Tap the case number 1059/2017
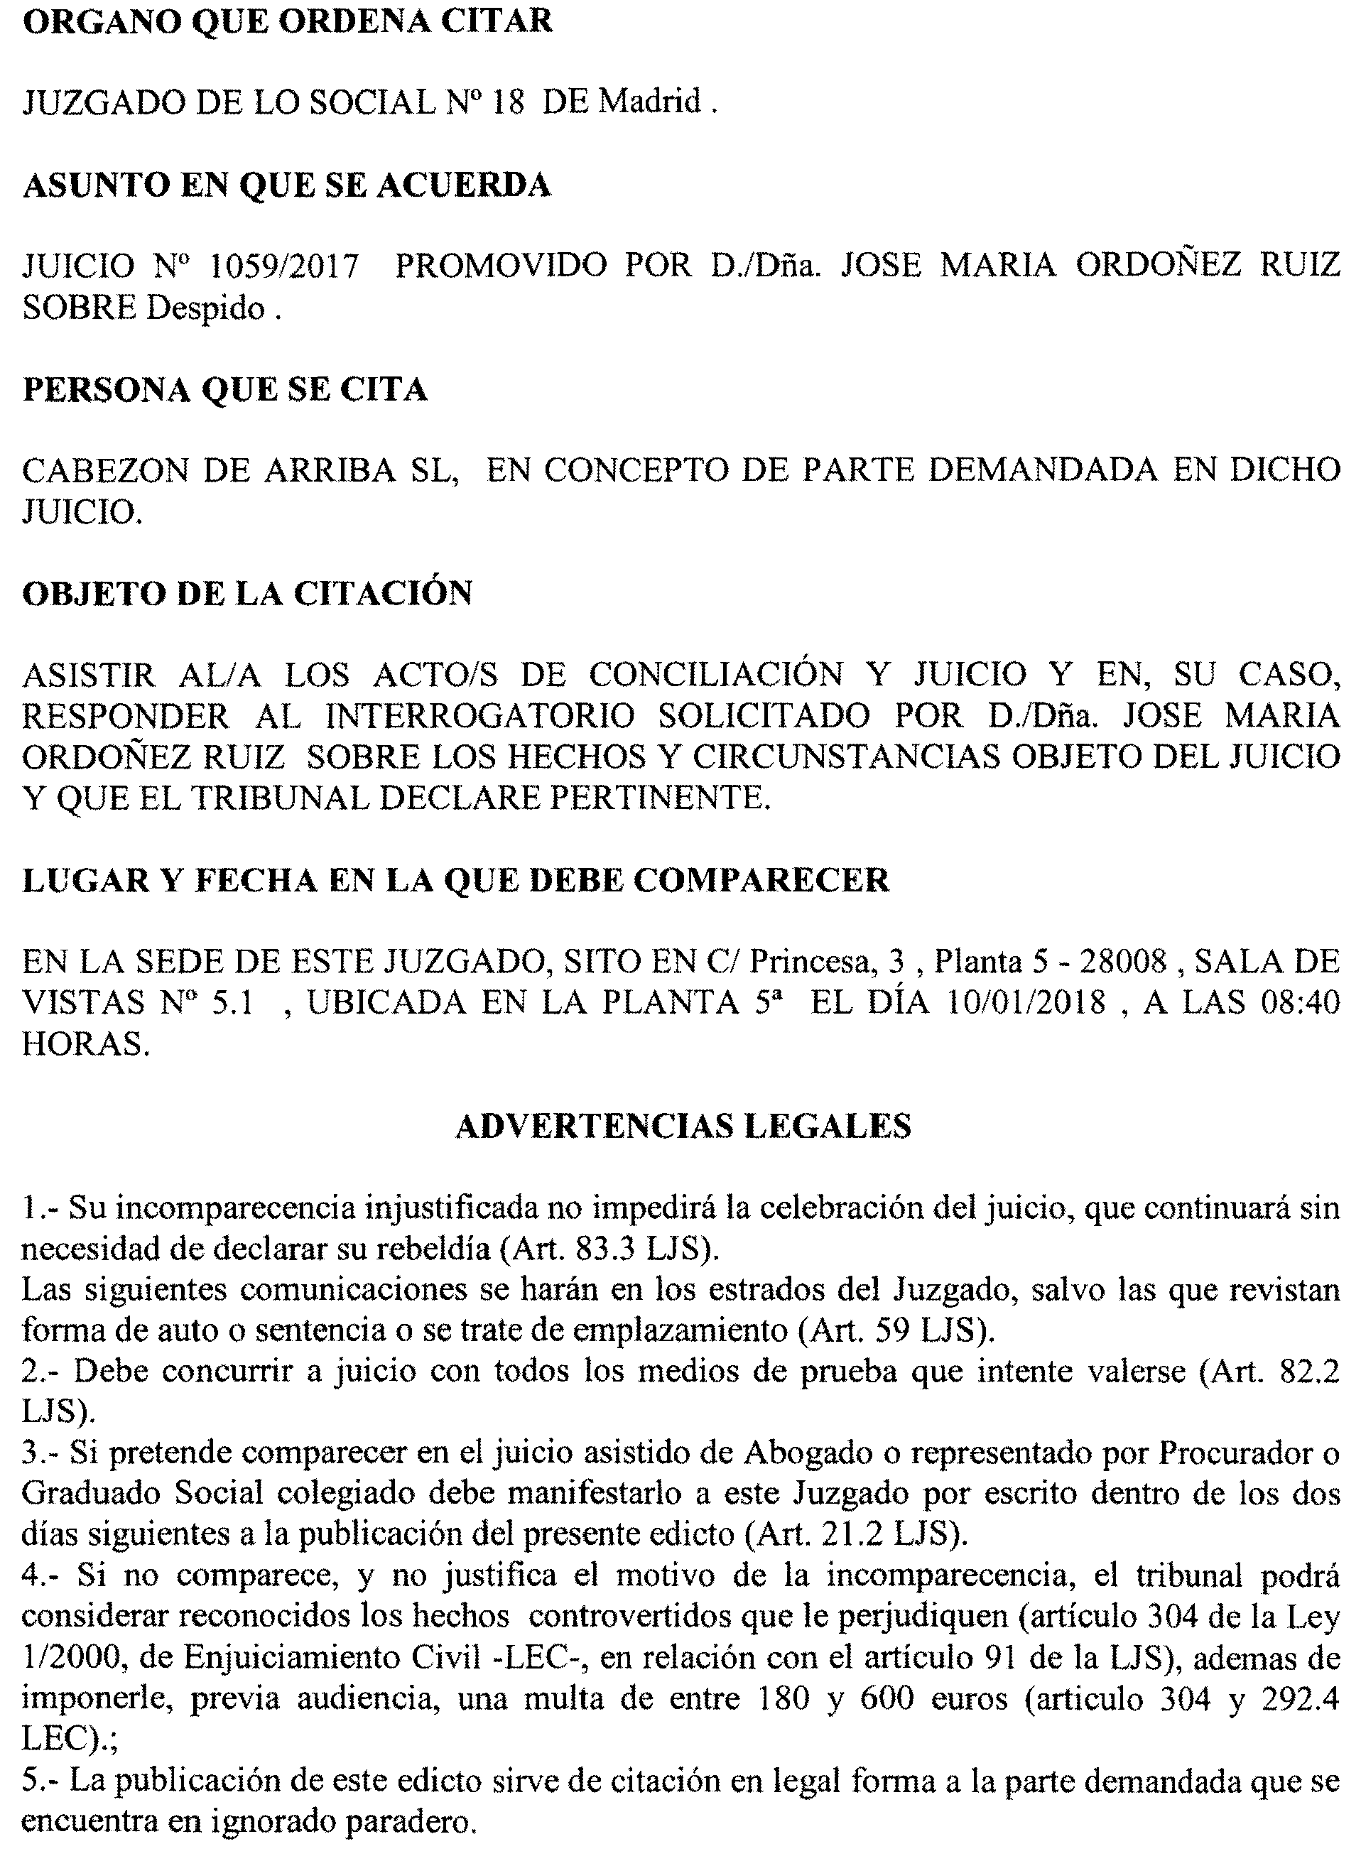click(284, 267)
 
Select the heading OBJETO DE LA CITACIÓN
click(247, 593)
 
